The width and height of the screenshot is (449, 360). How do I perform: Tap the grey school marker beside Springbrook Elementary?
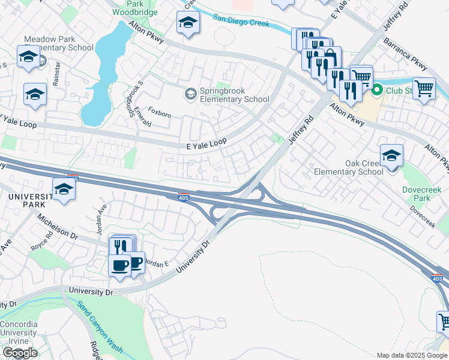191,94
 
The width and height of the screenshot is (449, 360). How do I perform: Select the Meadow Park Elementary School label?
58,43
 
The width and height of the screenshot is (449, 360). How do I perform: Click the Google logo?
20,353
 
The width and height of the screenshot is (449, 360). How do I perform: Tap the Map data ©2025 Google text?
412,355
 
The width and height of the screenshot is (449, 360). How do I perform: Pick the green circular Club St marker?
378,91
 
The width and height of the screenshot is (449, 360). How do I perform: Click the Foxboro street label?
160,113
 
